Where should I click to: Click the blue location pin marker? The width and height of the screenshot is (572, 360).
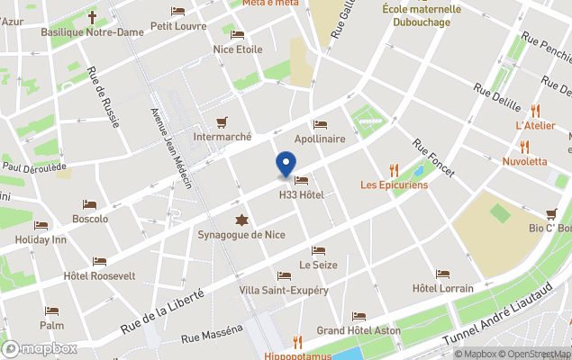286,164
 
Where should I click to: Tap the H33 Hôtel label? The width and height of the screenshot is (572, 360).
301,195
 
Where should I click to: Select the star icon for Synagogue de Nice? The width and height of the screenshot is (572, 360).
241,220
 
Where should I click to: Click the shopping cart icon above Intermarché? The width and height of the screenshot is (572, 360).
222,122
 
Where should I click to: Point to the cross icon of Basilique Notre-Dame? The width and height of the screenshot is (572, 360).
93,16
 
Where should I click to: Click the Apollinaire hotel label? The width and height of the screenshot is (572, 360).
320,139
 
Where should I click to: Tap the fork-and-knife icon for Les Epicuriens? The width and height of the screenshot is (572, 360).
394,169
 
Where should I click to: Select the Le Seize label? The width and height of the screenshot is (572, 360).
317,265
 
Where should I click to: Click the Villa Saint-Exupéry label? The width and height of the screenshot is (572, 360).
284,291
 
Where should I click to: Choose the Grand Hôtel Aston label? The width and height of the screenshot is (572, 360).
359,331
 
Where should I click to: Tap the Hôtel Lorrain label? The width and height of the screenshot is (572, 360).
442,288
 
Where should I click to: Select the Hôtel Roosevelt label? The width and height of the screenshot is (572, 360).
100,275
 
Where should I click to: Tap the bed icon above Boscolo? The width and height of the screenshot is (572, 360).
89,205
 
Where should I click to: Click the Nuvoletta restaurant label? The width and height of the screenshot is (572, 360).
524,162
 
